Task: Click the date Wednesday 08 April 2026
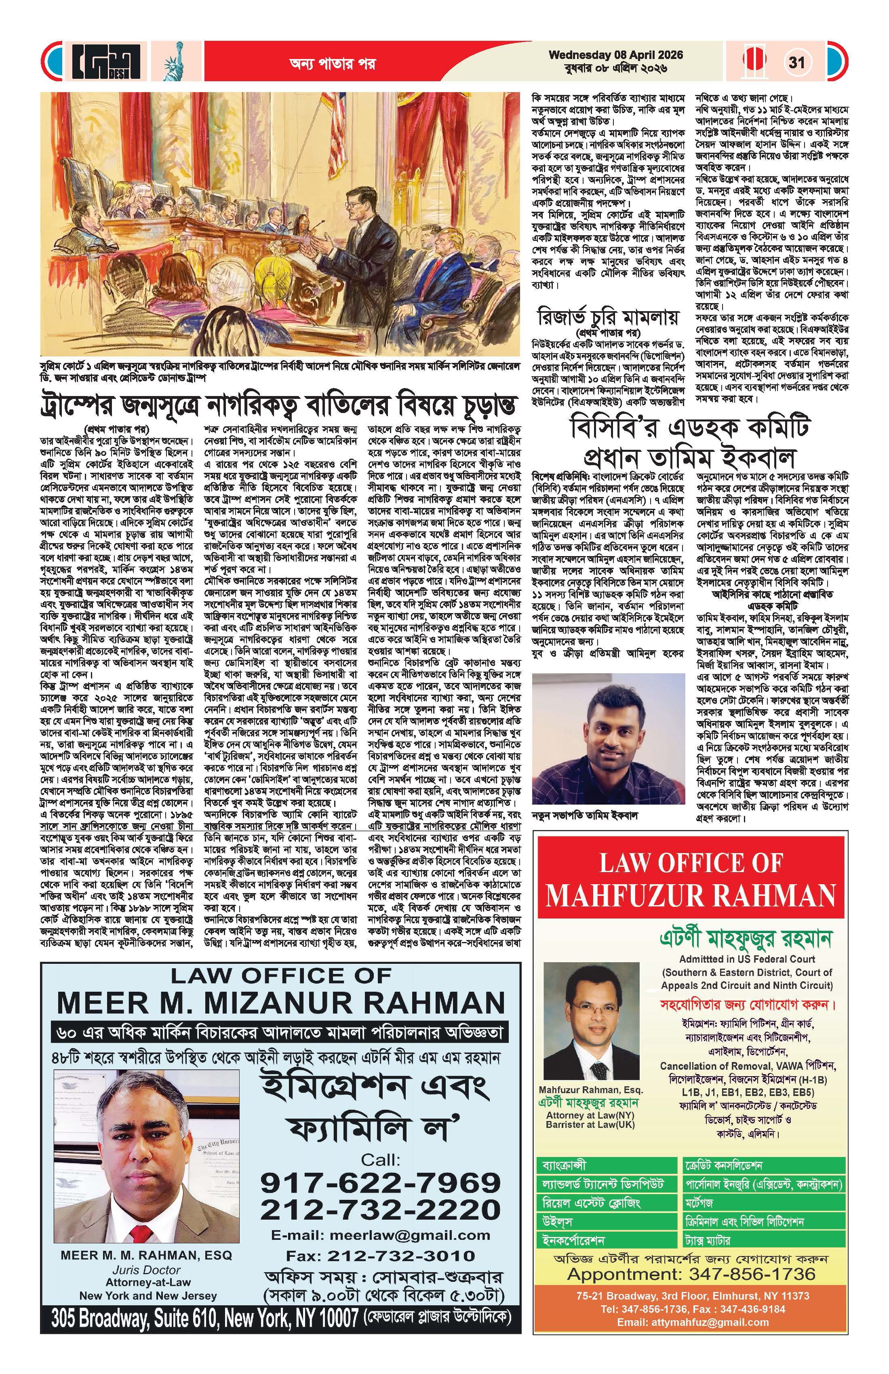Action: [615, 55]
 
